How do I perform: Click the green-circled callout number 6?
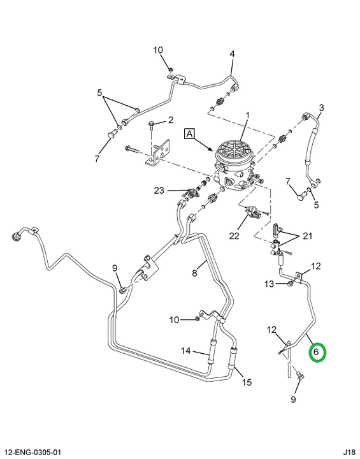316,351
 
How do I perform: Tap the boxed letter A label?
190,134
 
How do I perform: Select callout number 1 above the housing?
247,115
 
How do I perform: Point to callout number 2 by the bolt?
170,120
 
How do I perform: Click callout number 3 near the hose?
321,108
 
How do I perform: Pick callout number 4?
232,54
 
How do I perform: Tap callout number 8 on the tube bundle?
194,273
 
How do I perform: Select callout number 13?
270,284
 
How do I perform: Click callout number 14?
185,351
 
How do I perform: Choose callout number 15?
247,382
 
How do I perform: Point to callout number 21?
307,236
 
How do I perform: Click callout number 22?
234,236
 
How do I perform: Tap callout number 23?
159,191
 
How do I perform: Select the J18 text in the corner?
350,453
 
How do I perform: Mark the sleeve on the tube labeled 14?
212,351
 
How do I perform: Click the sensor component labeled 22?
252,212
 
